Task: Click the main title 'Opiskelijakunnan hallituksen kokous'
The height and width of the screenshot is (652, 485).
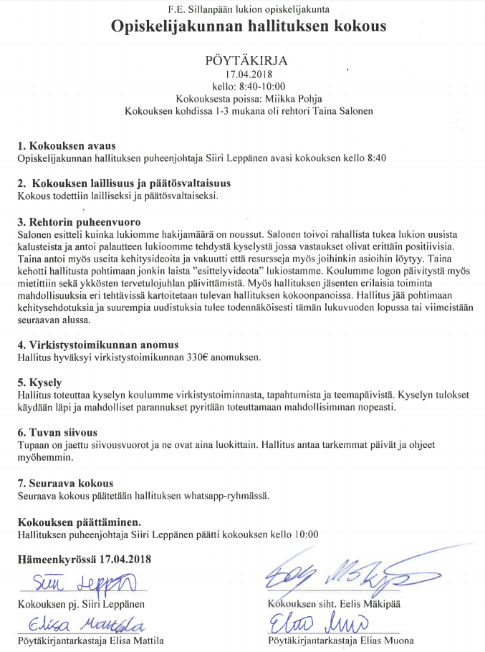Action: pos(248,28)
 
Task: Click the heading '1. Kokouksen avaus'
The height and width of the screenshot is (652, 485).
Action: pos(66,146)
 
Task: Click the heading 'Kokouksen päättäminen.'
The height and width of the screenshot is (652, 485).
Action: pos(79,522)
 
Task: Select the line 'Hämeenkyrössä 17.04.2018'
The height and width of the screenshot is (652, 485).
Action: pos(84,560)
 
